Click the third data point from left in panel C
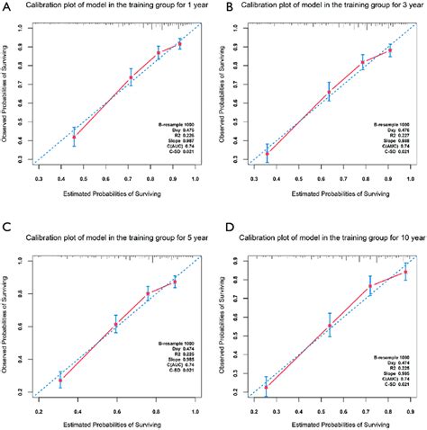(x=149, y=294)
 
